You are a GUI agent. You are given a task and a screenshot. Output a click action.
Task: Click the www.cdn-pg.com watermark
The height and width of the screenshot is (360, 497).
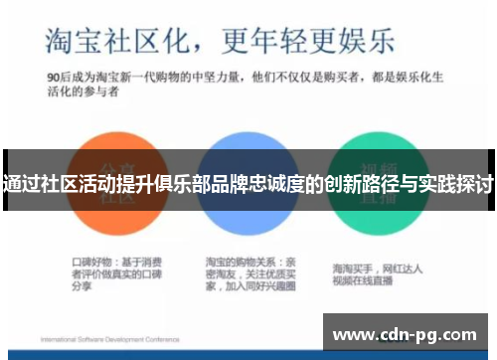pyautogui.click(x=407, y=332)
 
